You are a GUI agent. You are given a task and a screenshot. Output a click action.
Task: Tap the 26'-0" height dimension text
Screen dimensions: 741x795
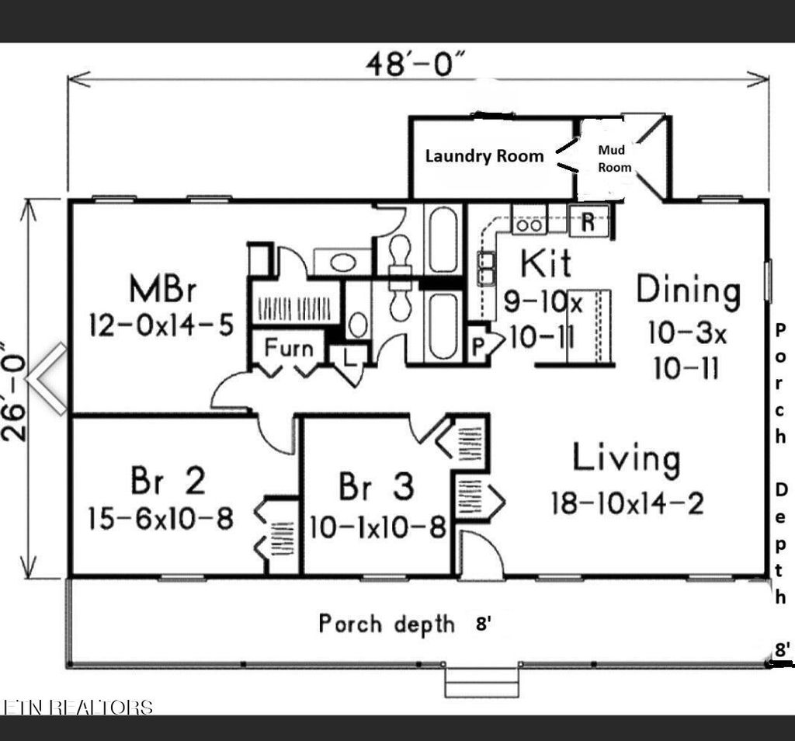click(17, 388)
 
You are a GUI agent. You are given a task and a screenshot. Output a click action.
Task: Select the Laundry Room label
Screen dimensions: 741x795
click(484, 155)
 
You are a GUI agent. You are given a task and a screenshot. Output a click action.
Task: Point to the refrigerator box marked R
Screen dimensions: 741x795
click(588, 221)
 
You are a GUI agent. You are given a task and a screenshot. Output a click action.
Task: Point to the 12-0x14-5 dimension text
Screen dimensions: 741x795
click(161, 324)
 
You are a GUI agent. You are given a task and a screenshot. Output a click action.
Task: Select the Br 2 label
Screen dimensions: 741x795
click(168, 482)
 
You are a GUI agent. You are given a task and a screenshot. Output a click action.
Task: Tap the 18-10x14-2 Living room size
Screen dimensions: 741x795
click(627, 503)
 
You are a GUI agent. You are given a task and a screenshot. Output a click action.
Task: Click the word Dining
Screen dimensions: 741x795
click(689, 290)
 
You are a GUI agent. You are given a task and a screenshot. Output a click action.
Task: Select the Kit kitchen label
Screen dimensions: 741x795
click(546, 264)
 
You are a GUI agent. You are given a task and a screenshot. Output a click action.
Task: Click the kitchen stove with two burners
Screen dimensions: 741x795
click(529, 224)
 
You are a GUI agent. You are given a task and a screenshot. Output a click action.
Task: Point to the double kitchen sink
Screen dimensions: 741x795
click(488, 268)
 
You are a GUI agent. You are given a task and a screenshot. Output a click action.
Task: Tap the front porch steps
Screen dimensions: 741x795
click(481, 684)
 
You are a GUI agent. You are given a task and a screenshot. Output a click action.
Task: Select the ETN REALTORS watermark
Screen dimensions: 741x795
click(78, 707)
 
